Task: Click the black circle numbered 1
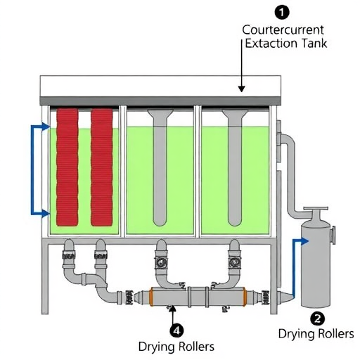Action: [x=282, y=13]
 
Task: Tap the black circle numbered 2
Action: [x=318, y=319]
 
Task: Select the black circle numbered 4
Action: [x=176, y=330]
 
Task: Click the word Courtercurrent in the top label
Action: [x=283, y=30]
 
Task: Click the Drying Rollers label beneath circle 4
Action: [x=176, y=347]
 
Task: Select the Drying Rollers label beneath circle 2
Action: [x=316, y=333]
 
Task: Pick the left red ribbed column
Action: [x=67, y=167]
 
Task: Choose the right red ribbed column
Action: [x=102, y=167]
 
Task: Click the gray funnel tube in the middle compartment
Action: [x=160, y=167]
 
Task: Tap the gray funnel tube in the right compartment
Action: [x=235, y=167]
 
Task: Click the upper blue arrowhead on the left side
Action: [x=46, y=127]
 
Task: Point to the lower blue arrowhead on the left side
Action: [x=46, y=214]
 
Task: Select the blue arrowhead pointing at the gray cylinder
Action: [x=304, y=241]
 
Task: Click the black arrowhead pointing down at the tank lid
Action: [x=241, y=89]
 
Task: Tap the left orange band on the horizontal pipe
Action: [x=151, y=297]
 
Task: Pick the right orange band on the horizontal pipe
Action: [x=245, y=297]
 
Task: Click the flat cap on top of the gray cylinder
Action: [x=316, y=208]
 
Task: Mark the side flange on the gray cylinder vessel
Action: [x=333, y=236]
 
